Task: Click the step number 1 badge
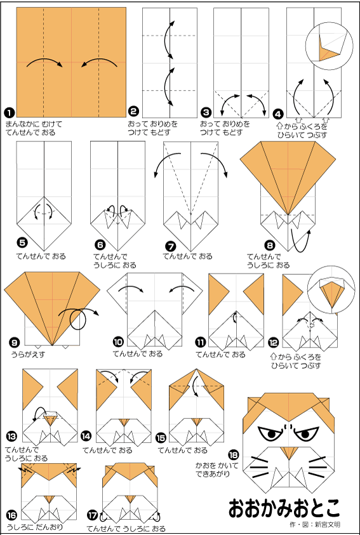point(8,112)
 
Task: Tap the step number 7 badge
point(169,246)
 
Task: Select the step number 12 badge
point(274,343)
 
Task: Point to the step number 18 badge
point(234,455)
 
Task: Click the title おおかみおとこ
point(284,508)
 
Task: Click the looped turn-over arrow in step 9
point(79,315)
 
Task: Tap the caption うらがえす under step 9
point(28,355)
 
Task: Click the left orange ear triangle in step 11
point(218,294)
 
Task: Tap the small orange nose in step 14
point(124,422)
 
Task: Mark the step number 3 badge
point(206,112)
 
